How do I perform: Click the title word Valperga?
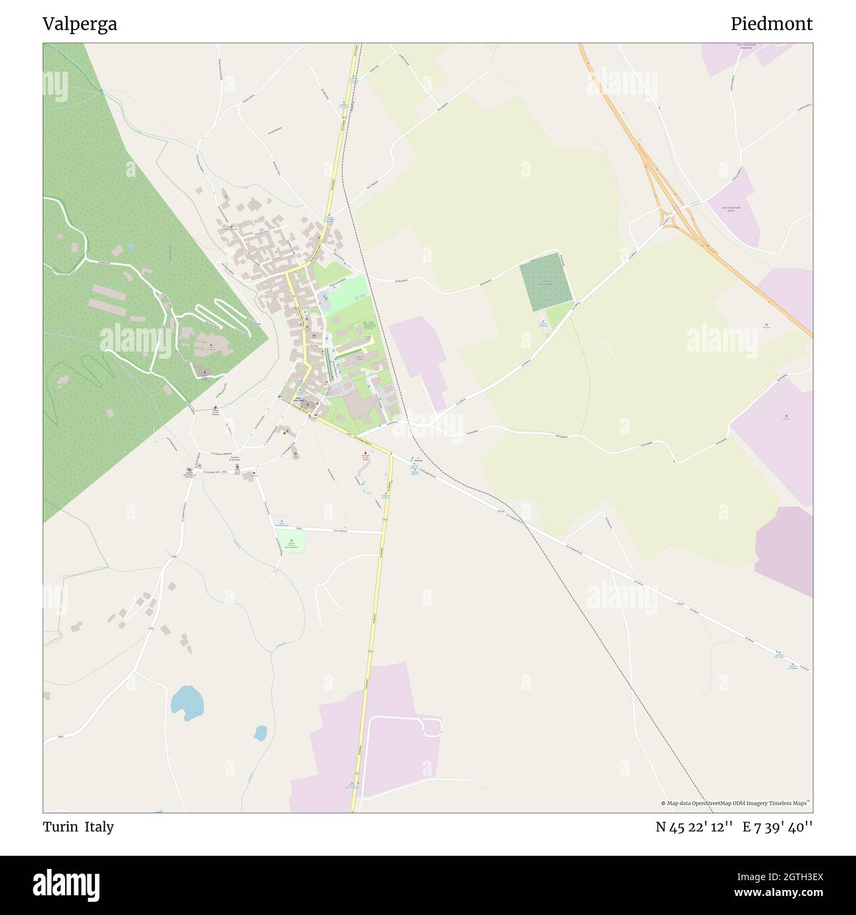pos(80,24)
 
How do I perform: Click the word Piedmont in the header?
pos(771,24)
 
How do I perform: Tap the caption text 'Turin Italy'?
pos(78,827)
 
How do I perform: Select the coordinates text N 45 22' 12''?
pos(694,827)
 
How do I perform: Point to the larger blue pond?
pos(186,700)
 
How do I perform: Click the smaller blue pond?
pos(261,732)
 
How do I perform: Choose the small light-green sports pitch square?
pos(290,541)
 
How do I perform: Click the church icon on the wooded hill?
pos(211,345)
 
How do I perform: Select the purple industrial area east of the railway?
pos(417,355)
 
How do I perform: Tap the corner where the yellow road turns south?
pos(390,454)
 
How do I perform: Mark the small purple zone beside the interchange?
pos(736,204)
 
